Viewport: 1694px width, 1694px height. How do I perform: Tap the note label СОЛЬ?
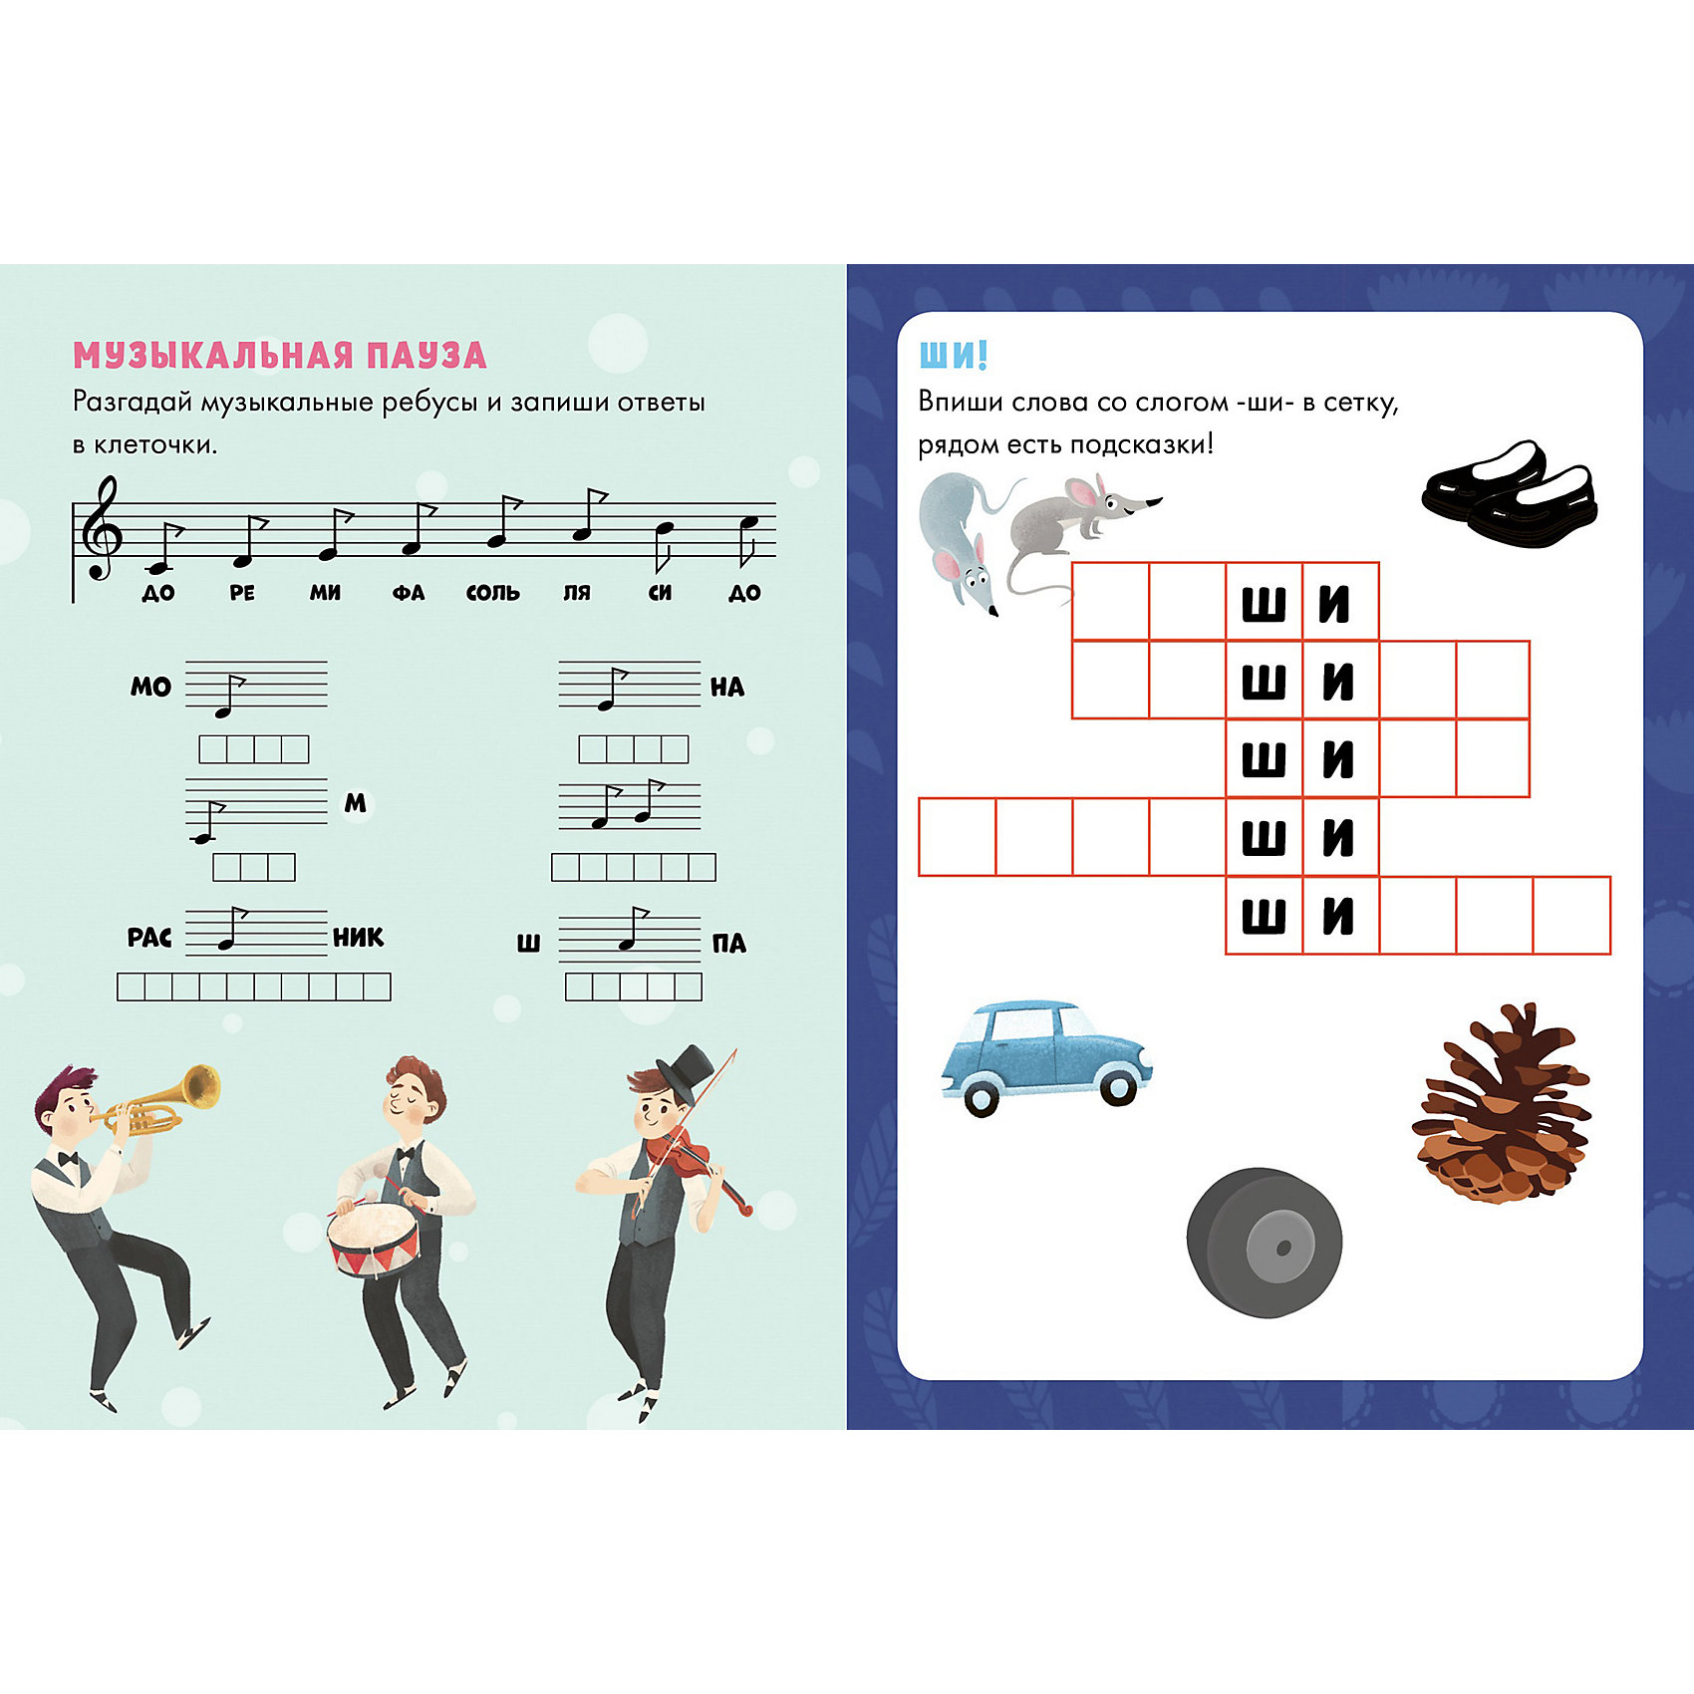point(493,593)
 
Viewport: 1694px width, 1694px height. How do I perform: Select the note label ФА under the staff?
point(409,593)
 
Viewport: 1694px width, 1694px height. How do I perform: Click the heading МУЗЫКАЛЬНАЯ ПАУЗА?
point(280,355)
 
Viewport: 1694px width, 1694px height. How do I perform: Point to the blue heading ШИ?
point(953,355)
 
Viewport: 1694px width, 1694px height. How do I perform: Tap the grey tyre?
point(1264,1243)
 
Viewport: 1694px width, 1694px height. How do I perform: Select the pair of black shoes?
point(1510,493)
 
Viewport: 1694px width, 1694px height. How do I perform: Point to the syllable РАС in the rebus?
point(149,938)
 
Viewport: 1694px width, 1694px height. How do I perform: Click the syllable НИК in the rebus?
point(358,937)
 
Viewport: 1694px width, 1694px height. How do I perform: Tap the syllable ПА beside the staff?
point(728,944)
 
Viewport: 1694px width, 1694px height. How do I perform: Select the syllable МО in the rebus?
point(150,687)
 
